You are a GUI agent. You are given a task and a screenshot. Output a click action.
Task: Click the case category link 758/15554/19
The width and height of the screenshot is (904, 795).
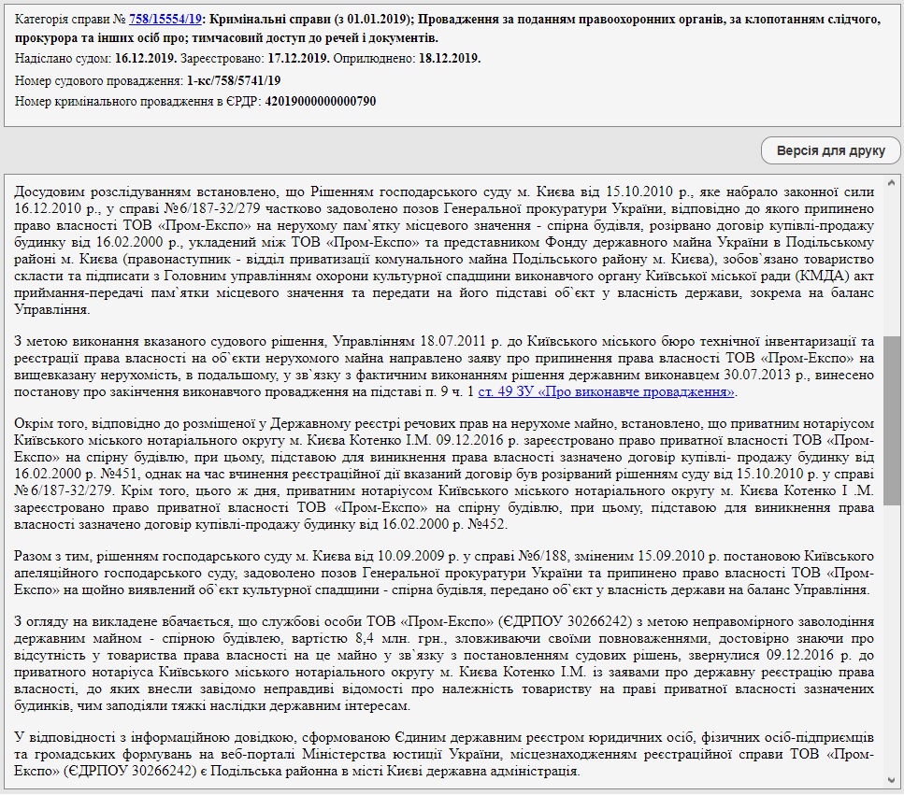[163, 19]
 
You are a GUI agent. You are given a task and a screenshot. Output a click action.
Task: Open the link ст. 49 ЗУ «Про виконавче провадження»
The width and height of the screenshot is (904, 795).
[607, 391]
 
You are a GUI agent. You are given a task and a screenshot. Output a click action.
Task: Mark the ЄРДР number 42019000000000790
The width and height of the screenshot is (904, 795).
[321, 101]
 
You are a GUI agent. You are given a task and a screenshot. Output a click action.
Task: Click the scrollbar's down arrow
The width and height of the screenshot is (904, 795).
[893, 779]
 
